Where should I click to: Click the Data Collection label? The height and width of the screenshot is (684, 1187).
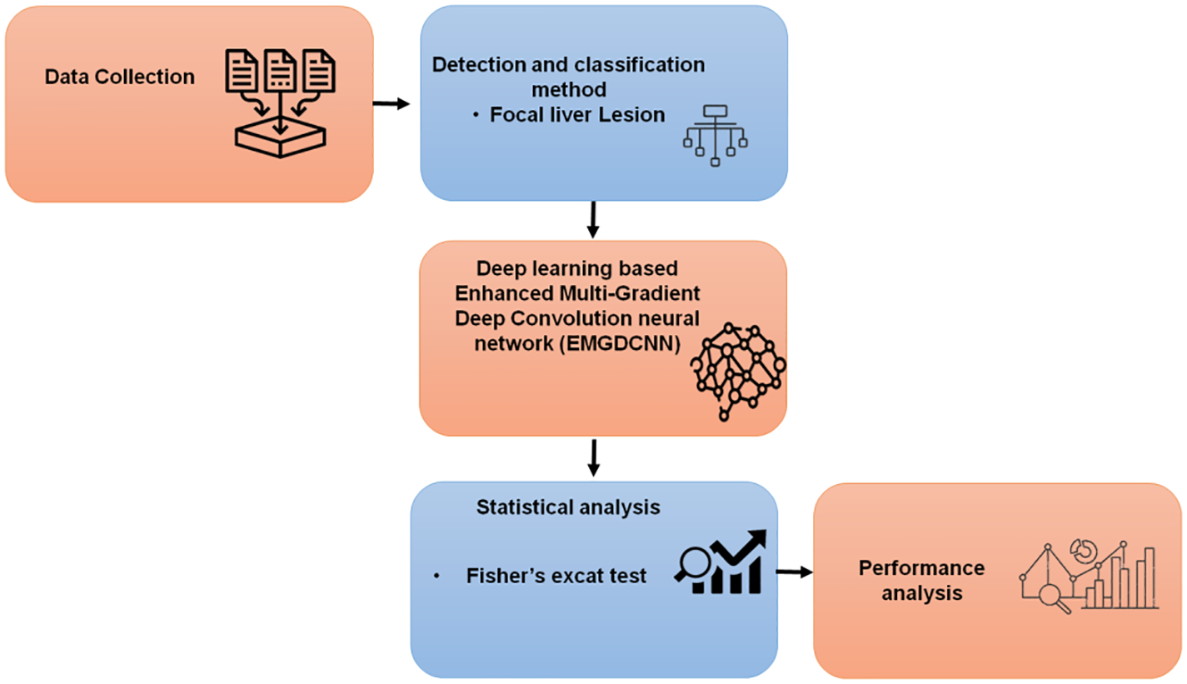point(119,77)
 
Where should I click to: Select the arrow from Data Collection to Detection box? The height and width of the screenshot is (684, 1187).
point(392,104)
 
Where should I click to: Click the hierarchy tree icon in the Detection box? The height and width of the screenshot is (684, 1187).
point(715,136)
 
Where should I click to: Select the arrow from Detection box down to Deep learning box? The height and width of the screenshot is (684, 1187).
point(593,218)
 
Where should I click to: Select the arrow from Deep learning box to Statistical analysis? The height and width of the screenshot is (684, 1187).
point(593,457)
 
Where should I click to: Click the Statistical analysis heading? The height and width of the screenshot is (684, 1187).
point(568,507)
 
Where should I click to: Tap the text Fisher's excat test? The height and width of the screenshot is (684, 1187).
point(556,576)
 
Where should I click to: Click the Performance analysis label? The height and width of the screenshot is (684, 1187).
point(921,581)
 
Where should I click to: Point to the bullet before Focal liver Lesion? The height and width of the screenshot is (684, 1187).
point(476,116)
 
